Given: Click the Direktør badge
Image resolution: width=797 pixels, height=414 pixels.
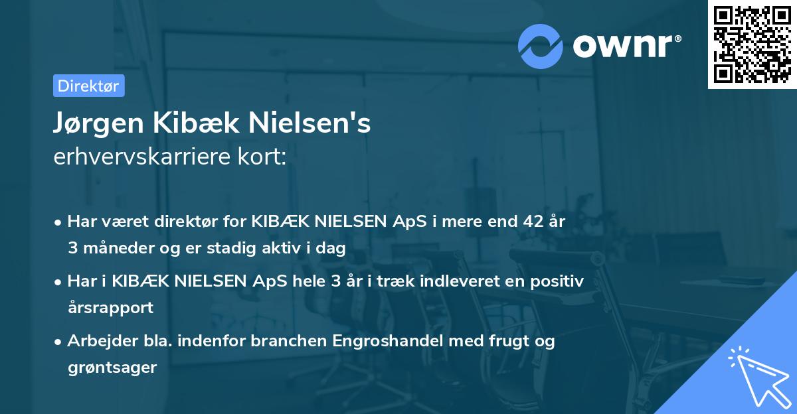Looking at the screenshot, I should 88,86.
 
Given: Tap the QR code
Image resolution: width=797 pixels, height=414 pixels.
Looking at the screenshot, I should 752,44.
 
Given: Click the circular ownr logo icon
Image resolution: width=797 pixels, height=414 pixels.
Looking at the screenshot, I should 541,46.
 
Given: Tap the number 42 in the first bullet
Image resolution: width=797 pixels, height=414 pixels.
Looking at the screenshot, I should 532,222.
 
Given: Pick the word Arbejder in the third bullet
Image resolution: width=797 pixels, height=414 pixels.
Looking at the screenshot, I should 99,341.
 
